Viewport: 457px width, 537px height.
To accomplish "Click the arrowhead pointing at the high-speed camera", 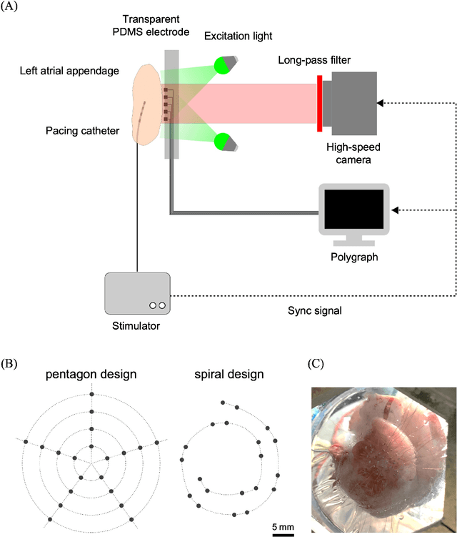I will coord(381,103).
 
